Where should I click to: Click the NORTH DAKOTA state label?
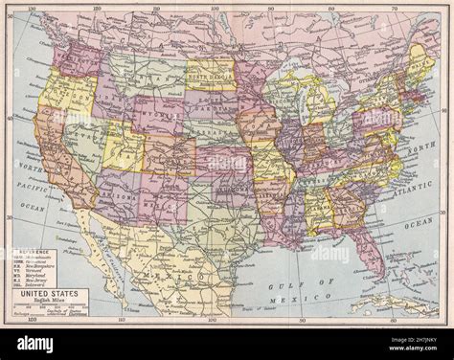click(x=210, y=75)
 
